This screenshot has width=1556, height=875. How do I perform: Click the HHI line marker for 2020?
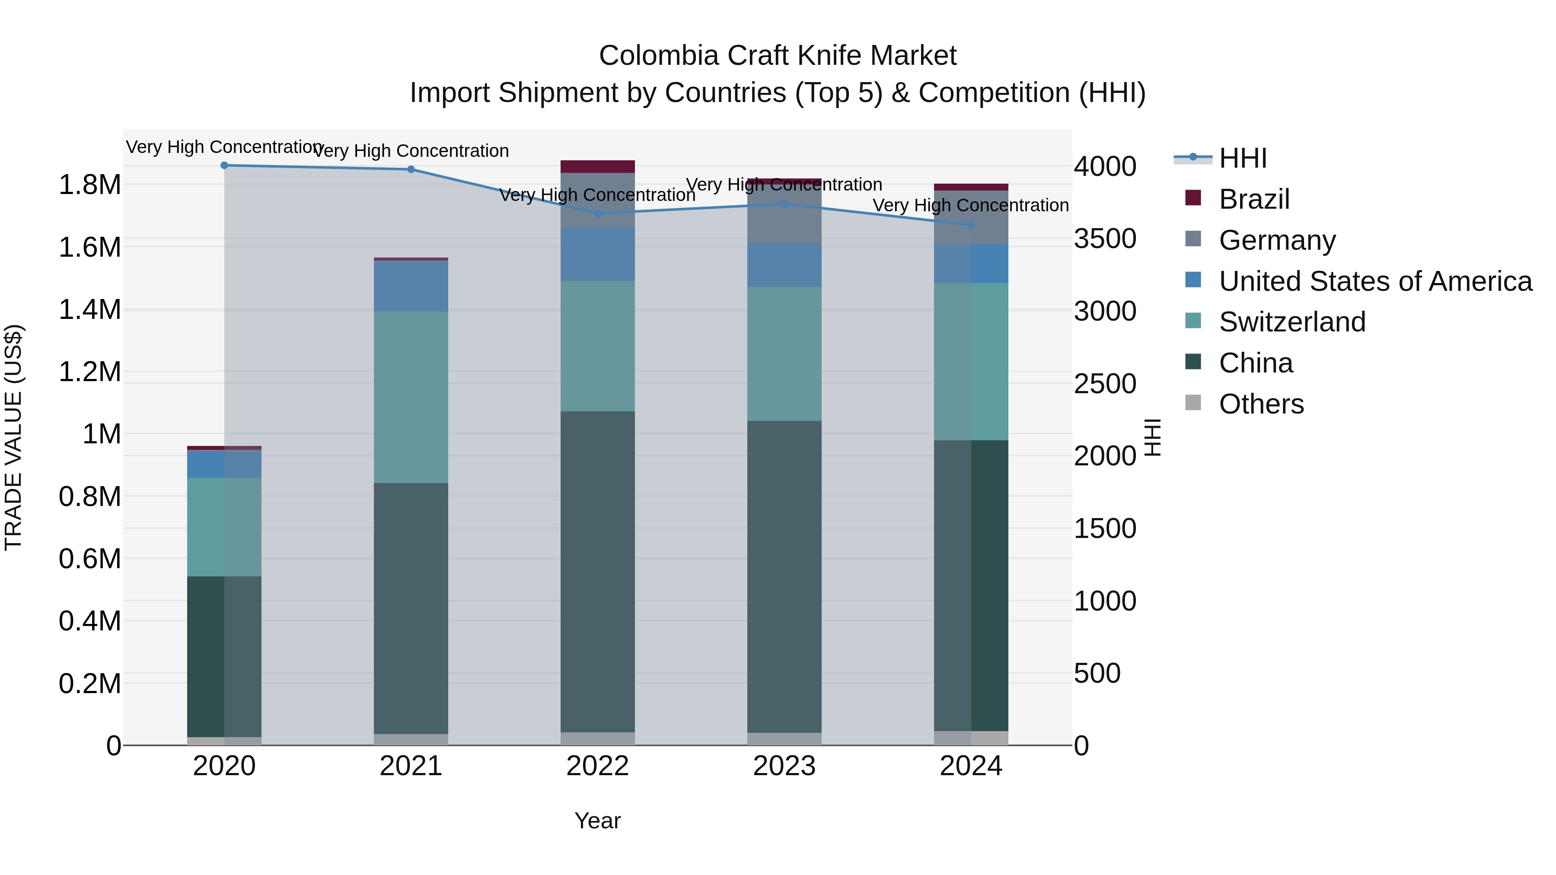click(x=224, y=165)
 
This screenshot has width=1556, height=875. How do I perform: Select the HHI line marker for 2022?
click(x=597, y=213)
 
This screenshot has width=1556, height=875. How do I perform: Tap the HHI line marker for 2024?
click(x=971, y=225)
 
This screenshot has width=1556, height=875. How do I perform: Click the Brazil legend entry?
click(x=1254, y=199)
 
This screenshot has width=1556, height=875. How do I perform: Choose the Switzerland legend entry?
click(x=1292, y=322)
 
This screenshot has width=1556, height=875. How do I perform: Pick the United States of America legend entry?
click(x=1375, y=281)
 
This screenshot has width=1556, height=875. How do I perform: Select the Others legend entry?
click(x=1261, y=404)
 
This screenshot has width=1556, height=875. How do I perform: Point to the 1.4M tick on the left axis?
click(x=89, y=310)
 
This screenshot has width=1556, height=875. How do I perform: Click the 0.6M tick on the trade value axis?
click(x=89, y=559)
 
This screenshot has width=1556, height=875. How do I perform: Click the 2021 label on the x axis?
click(x=411, y=766)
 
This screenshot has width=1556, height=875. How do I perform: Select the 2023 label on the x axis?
click(x=784, y=766)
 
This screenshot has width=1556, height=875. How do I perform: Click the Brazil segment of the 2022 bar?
click(x=597, y=167)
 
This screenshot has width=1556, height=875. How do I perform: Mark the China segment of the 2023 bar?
click(x=784, y=577)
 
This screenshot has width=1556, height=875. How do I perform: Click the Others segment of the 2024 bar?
click(x=971, y=738)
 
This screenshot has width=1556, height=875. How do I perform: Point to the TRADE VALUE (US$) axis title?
click(x=13, y=437)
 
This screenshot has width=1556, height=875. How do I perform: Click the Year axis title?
click(x=597, y=821)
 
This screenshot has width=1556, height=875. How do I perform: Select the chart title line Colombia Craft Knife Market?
click(x=778, y=56)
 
